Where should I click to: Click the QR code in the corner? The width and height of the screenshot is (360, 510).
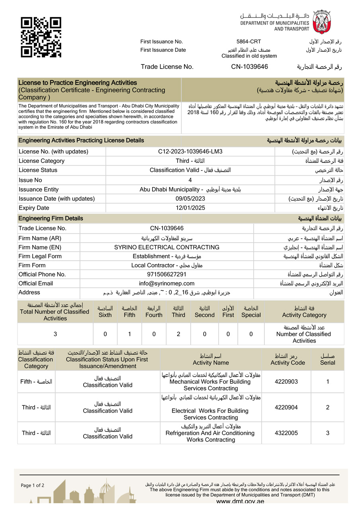(41, 37)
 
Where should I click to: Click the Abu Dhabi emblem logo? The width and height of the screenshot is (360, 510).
(321, 22)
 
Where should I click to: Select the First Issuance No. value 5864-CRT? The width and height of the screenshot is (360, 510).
(249, 42)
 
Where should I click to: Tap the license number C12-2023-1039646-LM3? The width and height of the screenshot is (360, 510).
(190, 151)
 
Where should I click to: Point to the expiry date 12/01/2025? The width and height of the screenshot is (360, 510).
(190, 208)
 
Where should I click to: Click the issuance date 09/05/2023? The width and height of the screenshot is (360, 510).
(190, 198)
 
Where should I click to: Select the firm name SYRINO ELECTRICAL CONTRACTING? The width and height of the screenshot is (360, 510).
(166, 247)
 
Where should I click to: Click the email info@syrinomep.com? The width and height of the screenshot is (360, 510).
(166, 283)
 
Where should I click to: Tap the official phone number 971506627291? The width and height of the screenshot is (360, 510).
(166, 274)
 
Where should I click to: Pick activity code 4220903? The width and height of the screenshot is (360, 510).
(286, 382)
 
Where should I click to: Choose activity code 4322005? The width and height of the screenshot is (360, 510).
(286, 433)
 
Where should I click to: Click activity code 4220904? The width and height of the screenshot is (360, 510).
(286, 407)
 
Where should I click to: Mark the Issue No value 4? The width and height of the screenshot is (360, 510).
(190, 180)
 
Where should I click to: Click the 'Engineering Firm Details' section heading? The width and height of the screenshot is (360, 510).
(51, 218)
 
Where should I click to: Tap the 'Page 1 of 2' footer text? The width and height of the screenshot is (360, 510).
(33, 485)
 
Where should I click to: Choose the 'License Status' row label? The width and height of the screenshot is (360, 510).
(38, 170)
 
